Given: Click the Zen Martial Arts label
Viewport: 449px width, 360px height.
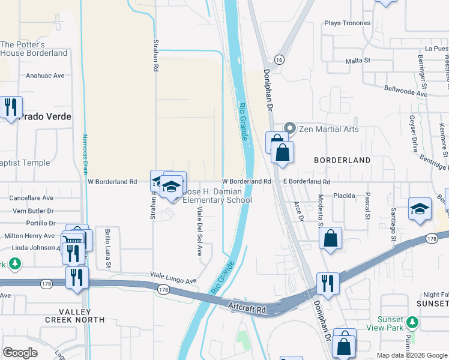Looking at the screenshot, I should (x=330, y=129).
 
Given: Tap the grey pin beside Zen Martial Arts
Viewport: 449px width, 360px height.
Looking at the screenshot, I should (x=291, y=128).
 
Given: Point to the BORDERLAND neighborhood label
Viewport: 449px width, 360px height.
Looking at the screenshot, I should (x=343, y=161).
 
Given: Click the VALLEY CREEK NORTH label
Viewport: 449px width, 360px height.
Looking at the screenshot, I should (x=67, y=316).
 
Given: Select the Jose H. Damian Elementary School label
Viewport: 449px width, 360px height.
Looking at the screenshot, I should (x=216, y=196).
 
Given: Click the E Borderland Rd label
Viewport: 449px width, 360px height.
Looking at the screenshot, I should (x=307, y=181).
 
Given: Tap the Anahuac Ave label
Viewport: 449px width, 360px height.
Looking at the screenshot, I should (x=45, y=76).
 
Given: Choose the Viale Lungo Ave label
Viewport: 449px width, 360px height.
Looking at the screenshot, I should (x=174, y=280).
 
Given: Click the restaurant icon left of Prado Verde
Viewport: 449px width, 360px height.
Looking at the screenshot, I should (x=11, y=107).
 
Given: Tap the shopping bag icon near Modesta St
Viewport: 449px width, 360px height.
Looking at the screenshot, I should (x=330, y=238).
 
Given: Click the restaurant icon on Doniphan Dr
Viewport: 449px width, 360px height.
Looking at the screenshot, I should (x=328, y=283).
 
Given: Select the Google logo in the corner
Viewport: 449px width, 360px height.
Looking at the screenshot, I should (x=20, y=353).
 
